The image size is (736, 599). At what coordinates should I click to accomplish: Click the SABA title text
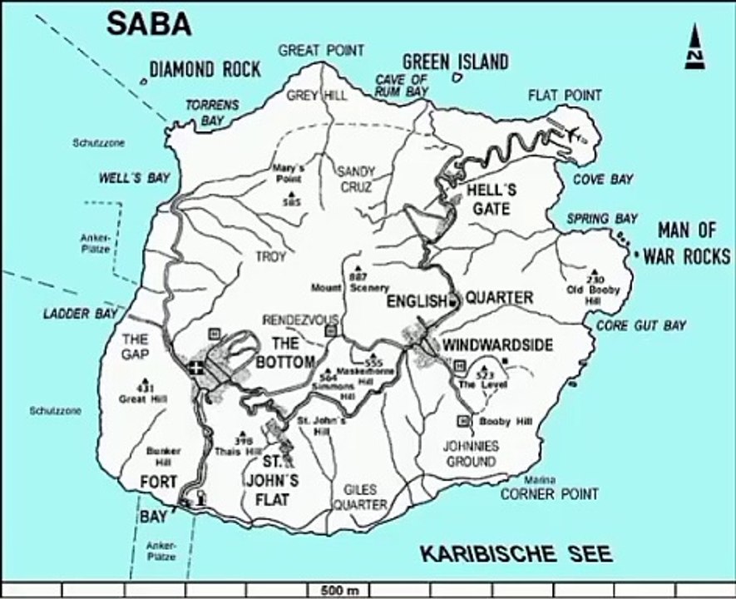point(149,23)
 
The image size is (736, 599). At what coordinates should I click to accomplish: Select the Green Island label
point(455,62)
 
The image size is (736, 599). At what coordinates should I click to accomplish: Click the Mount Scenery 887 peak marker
point(358,270)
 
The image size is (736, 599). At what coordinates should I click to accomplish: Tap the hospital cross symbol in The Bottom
point(196,369)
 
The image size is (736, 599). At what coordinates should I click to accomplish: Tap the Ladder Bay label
point(73,314)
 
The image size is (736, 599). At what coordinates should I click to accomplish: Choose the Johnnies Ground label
point(472,453)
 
